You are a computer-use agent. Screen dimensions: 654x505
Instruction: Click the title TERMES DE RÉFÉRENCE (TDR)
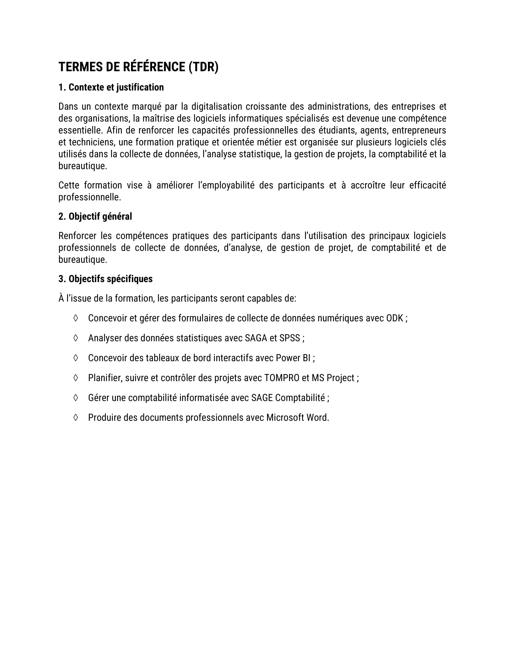click(x=138, y=67)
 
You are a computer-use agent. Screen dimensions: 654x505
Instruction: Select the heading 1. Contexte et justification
click(x=111, y=87)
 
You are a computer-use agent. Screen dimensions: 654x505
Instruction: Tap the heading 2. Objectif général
click(x=95, y=216)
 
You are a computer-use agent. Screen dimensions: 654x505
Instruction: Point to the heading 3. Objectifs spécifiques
click(x=105, y=279)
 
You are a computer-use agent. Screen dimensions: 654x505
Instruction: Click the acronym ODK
click(x=394, y=318)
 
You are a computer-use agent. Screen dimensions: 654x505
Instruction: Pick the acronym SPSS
click(x=289, y=338)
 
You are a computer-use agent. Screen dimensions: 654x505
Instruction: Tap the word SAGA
click(x=256, y=338)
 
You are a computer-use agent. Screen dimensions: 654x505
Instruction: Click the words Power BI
click(x=293, y=358)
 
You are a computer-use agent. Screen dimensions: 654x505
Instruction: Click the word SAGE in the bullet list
click(x=262, y=398)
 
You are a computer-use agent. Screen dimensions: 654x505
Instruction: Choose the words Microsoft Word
click(x=297, y=418)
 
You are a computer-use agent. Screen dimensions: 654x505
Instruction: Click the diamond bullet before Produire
click(x=76, y=417)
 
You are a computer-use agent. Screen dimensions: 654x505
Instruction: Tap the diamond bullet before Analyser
click(x=76, y=338)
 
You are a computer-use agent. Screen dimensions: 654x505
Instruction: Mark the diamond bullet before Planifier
click(x=76, y=378)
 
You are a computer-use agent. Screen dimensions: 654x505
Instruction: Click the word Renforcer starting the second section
click(x=77, y=236)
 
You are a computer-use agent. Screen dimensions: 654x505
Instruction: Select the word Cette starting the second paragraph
click(x=69, y=185)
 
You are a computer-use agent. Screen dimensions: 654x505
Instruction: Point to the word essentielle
click(x=80, y=131)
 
